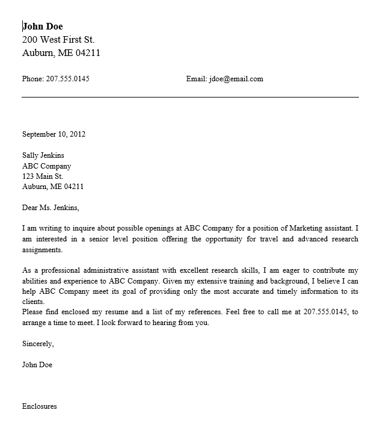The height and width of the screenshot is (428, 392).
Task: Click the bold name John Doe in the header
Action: tap(42, 26)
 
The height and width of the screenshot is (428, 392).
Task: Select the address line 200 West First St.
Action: tap(58, 40)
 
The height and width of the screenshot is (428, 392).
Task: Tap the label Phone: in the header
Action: tap(32, 79)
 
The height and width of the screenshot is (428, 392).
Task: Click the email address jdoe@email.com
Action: tap(236, 79)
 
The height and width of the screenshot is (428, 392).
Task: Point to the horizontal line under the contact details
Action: tap(190, 96)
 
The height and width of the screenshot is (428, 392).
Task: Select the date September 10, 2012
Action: tap(54, 134)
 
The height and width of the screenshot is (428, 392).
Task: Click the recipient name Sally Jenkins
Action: tap(43, 155)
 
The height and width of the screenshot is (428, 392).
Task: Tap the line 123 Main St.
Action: tap(43, 176)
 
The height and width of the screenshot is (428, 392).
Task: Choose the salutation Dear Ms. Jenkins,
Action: tap(51, 208)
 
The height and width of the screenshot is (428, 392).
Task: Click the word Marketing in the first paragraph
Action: tap(306, 229)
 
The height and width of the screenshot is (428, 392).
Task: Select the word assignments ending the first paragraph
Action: tap(42, 249)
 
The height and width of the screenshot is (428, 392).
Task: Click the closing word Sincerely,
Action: tap(38, 344)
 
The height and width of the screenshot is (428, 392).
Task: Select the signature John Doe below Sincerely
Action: tap(37, 365)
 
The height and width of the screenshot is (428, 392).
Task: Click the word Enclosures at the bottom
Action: tap(40, 406)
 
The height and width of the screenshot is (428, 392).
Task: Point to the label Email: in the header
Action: tap(196, 79)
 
